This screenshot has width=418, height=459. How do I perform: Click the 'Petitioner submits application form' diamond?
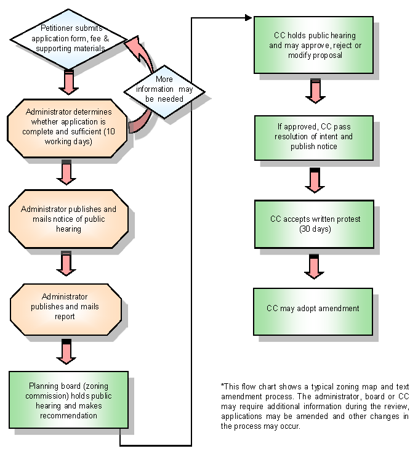[x=69, y=38]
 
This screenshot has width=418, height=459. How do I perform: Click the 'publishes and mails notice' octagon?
[x=68, y=219]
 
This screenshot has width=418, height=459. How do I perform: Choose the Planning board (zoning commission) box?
[x=69, y=399]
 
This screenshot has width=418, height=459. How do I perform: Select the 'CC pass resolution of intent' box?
[x=314, y=137]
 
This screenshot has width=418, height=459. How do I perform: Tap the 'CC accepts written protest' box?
[x=314, y=224]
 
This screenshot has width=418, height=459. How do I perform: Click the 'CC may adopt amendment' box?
[x=314, y=309]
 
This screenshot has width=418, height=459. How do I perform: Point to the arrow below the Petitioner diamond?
[x=69, y=81]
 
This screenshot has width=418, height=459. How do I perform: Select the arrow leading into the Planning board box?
[x=66, y=351]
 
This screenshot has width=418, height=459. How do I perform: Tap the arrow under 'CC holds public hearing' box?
[x=314, y=91]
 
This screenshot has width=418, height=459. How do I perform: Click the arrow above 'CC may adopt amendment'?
[x=314, y=267]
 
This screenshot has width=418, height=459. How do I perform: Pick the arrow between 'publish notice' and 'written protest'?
[x=314, y=180]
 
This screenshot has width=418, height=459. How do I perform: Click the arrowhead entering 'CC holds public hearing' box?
[x=251, y=17]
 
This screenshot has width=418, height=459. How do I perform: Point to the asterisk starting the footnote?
[x=222, y=386]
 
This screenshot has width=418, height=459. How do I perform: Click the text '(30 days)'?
[x=314, y=229]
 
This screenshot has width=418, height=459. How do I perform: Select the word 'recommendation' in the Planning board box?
[x=68, y=415]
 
